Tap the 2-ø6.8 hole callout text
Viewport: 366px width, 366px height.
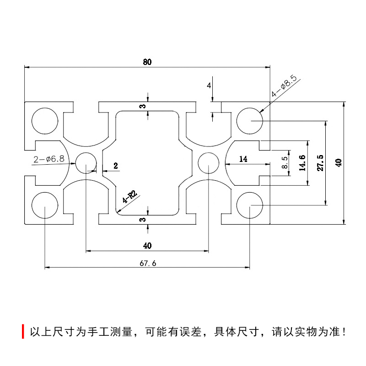coord(48,159)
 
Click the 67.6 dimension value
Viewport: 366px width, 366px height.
coord(147,263)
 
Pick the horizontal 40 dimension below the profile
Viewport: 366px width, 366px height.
coord(147,246)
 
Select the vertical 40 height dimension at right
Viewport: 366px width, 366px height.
coord(338,163)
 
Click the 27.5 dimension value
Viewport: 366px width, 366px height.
coord(320,163)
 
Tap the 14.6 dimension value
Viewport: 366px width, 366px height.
coord(301,163)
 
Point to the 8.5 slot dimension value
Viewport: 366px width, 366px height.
coord(285,163)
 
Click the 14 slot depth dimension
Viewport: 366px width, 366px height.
coord(243,159)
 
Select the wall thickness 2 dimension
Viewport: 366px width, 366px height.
coord(115,166)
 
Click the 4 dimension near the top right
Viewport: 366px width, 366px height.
coord(209,86)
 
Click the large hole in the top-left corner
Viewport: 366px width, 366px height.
coord(45,121)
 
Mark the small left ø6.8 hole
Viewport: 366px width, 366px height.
coord(86,162)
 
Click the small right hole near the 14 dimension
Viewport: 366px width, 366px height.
coord(209,163)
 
